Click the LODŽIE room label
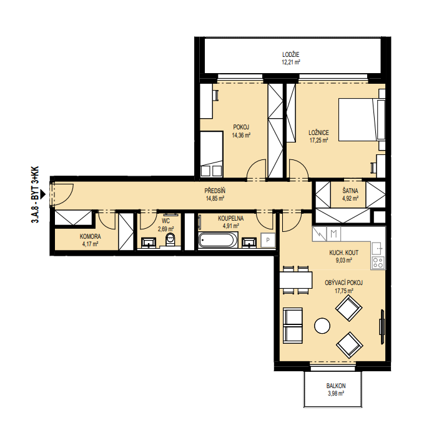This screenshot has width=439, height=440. [x=291, y=54]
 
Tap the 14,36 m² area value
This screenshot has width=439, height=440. [x=241, y=135]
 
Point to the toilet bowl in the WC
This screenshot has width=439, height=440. [x=170, y=239]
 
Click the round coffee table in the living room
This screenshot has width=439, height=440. [x=322, y=326]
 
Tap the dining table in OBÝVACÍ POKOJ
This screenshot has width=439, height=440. [x=296, y=280]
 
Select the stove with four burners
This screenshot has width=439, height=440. [x=378, y=262]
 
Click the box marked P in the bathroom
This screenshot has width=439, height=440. [x=268, y=240]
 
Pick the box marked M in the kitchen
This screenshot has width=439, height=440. [x=333, y=234]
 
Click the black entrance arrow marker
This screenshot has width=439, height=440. [x=42, y=194]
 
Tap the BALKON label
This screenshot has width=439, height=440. [x=336, y=386]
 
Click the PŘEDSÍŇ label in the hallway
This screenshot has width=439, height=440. [x=215, y=191]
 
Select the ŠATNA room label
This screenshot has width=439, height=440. [x=350, y=191]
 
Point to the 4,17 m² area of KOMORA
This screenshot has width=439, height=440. [x=90, y=244]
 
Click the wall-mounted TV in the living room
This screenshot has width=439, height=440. [x=382, y=326]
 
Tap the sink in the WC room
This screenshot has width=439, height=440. [x=149, y=242]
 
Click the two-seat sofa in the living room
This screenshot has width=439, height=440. [x=293, y=326]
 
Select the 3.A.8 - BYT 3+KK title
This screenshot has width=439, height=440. [x=35, y=195]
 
